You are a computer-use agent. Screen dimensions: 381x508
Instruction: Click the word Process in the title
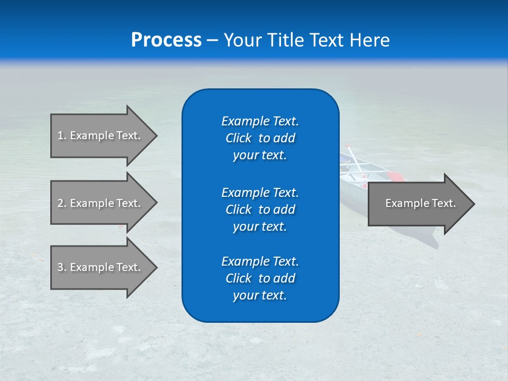[x=166, y=40]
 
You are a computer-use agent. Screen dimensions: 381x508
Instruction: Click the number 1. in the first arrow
[x=61, y=135]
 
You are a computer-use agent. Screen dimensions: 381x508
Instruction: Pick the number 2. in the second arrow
[x=61, y=203]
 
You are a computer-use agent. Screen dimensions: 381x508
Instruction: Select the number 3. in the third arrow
[x=61, y=267]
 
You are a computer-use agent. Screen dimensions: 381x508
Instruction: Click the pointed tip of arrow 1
[x=156, y=135]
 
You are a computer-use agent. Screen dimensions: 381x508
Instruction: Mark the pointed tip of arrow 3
[x=156, y=267]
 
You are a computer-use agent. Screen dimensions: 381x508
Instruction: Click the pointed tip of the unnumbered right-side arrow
[x=474, y=204]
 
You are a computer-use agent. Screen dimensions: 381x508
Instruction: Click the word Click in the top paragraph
[x=238, y=138]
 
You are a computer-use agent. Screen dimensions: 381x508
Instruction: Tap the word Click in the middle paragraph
[x=238, y=210]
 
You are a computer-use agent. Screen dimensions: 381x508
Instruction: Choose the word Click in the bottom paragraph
[x=238, y=278]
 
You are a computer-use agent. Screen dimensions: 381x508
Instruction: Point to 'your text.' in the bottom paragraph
[x=260, y=295]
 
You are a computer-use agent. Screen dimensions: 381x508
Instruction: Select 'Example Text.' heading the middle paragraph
[x=260, y=192]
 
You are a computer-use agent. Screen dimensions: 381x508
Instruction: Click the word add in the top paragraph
[x=285, y=138]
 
